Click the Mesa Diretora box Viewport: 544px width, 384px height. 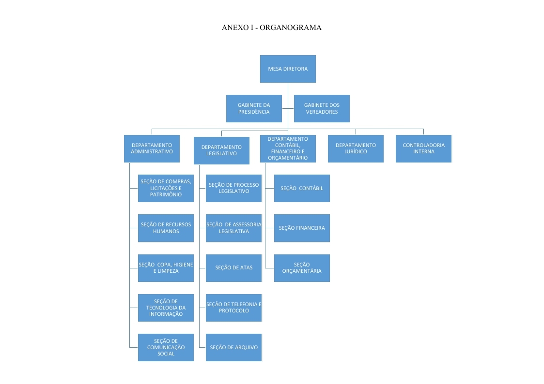pos(288,69)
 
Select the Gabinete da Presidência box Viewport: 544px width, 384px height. pos(254,108)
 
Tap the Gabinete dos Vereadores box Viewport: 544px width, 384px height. pos(322,108)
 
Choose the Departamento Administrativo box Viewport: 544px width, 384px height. pos(152,148)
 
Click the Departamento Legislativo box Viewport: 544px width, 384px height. pos(221,150)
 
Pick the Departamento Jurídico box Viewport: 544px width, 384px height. pos(356,148)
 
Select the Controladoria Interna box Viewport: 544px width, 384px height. pos(423,148)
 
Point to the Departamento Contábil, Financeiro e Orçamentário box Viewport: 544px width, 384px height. pos(288,148)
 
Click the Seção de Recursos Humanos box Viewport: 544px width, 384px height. pos(166,228)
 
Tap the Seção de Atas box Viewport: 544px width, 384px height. pos(233,267)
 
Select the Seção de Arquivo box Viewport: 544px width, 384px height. pos(233,347)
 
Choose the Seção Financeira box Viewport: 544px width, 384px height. pos(302,228)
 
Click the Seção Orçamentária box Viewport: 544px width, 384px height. pos(302,268)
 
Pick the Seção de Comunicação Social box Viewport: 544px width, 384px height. pos(166,347)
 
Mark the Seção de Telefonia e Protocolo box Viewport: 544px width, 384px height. pos(233,308)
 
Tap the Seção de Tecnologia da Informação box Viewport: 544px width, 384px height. pos(166,308)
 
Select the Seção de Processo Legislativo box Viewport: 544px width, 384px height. pos(233,188)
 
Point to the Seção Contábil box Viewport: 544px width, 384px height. pos(302,188)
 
